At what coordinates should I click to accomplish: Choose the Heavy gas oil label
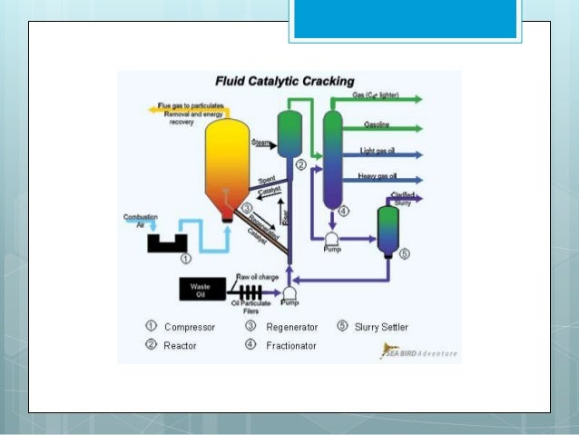point(379,176)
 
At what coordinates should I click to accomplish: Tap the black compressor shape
point(169,242)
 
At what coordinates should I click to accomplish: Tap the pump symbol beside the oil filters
point(290,292)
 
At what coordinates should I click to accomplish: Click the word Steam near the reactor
point(262,143)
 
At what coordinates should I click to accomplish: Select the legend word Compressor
point(190,326)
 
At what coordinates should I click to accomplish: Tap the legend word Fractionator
point(290,346)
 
